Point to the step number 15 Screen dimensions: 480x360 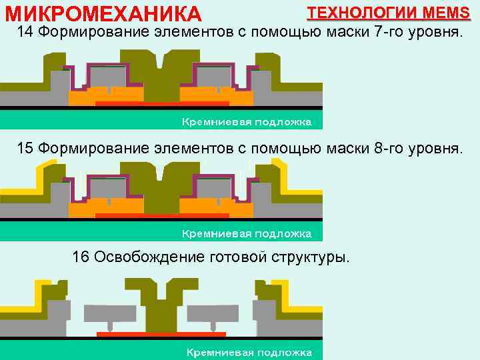click(x=25, y=147)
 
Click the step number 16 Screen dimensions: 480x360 click(x=81, y=257)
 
